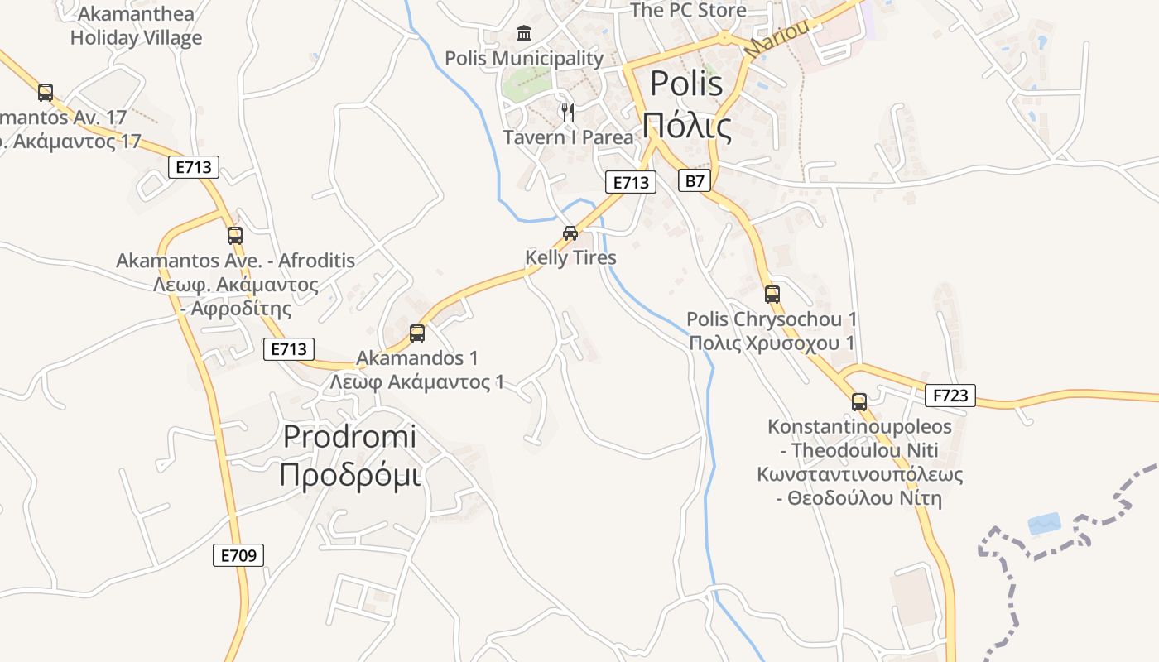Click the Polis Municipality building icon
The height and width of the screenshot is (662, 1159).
pyautogui.click(x=524, y=34)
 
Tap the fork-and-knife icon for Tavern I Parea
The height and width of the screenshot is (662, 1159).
pyautogui.click(x=568, y=112)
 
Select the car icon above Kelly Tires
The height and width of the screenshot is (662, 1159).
pyautogui.click(x=570, y=233)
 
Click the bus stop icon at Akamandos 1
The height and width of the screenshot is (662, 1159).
pyautogui.click(x=417, y=333)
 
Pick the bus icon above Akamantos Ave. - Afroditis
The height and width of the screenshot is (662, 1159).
pyautogui.click(x=235, y=236)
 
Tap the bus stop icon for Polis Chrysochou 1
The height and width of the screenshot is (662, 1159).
pyautogui.click(x=772, y=295)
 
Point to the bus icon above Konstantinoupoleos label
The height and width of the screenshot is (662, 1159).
pyautogui.click(x=859, y=403)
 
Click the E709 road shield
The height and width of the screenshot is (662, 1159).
pyautogui.click(x=238, y=555)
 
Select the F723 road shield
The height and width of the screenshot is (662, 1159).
pyautogui.click(x=950, y=396)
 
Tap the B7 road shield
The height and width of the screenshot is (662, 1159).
pyautogui.click(x=695, y=180)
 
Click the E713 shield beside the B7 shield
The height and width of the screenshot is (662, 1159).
pyautogui.click(x=630, y=182)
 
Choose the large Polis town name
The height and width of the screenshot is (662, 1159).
pyautogui.click(x=686, y=84)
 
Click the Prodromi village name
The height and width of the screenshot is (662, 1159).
pyautogui.click(x=349, y=437)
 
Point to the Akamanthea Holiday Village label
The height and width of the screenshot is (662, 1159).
pyautogui.click(x=136, y=26)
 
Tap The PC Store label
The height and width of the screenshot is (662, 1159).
pyautogui.click(x=688, y=11)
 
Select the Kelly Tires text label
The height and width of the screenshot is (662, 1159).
pyautogui.click(x=570, y=258)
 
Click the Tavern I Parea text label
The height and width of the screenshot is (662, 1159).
pyautogui.click(x=568, y=137)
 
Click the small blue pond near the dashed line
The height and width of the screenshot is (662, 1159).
pyautogui.click(x=1043, y=524)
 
